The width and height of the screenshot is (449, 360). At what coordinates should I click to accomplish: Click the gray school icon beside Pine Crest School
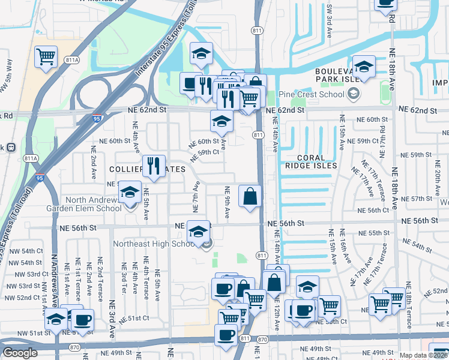(x=353, y=94)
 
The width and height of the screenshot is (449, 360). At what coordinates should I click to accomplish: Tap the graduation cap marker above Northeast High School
(x=198, y=232)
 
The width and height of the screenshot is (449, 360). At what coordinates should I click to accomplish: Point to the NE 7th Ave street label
(x=195, y=198)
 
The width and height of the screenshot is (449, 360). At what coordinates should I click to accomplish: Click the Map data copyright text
(x=422, y=355)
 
